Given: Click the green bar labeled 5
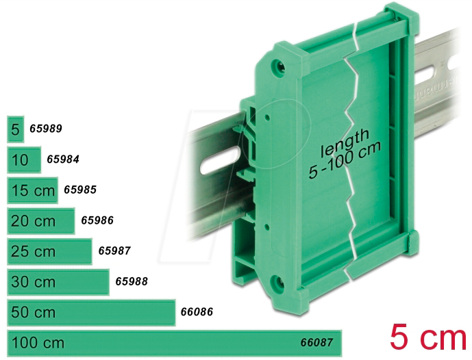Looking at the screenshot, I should (x=15, y=129).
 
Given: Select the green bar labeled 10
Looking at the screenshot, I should (x=24, y=160).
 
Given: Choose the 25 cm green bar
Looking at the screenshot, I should (x=49, y=251).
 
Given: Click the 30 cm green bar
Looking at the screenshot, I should (x=58, y=282).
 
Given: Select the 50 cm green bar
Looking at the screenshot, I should (x=91, y=313).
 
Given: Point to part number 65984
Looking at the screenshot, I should (x=63, y=159).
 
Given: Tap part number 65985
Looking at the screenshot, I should (x=79, y=190).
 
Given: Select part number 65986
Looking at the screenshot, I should (x=97, y=220).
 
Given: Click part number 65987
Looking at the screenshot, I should (x=114, y=250).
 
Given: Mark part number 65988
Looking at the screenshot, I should (x=132, y=281).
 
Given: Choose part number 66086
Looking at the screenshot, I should (x=197, y=312).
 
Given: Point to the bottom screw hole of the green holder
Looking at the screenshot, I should (x=277, y=283).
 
